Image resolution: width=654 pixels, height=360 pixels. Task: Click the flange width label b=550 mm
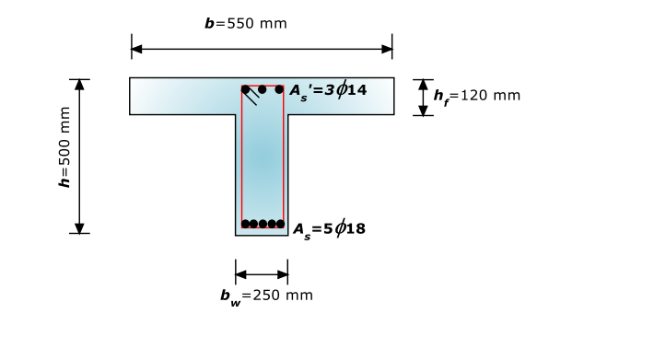(246, 23)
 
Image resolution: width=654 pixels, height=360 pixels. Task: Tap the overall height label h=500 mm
(64, 147)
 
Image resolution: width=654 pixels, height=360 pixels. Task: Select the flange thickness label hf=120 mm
(477, 97)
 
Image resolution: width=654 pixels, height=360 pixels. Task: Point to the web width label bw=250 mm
(266, 296)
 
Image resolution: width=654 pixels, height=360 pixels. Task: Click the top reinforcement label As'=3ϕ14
(328, 90)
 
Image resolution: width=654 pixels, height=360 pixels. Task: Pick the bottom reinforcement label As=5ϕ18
(329, 229)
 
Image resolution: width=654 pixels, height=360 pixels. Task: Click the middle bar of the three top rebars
(263, 89)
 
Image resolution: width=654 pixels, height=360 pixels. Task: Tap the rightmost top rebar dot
(279, 89)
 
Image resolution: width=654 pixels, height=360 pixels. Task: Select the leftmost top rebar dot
(245, 89)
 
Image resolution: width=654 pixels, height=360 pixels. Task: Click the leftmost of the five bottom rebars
(245, 224)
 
